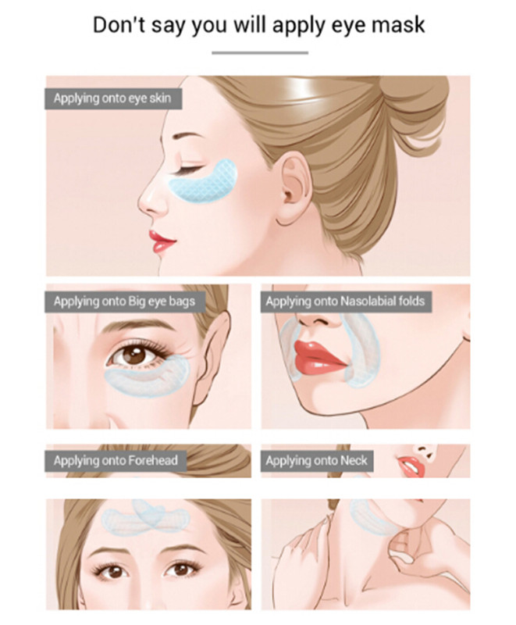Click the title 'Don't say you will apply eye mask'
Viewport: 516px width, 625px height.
[259, 25]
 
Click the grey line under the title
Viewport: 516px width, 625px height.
[260, 52]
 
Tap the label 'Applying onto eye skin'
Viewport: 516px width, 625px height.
[112, 98]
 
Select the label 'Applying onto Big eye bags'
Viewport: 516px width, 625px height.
[125, 302]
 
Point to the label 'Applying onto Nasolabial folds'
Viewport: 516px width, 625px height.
[345, 302]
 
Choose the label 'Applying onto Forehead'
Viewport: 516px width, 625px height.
[116, 461]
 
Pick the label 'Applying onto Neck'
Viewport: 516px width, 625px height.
[316, 461]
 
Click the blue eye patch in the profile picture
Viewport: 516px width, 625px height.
[204, 181]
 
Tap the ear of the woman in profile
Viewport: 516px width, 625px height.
[294, 187]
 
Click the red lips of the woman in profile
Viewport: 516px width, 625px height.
[162, 241]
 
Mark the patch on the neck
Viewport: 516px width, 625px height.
[372, 517]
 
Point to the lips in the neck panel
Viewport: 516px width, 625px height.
[411, 466]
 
